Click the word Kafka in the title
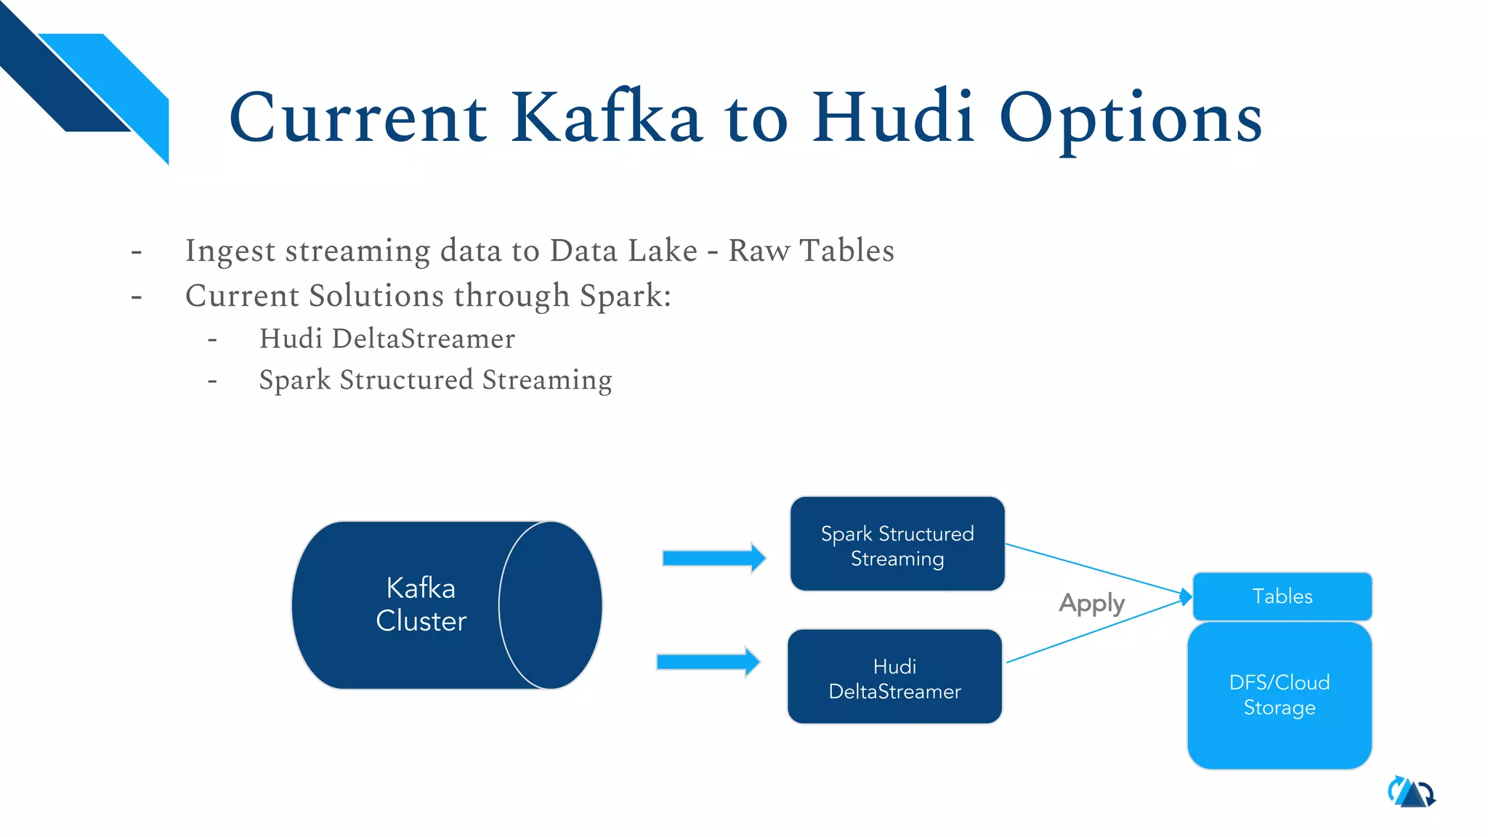click(606, 118)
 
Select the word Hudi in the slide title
click(893, 118)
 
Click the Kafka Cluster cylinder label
click(421, 604)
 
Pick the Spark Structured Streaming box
click(897, 545)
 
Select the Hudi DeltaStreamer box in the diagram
click(894, 677)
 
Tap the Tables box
click(1282, 597)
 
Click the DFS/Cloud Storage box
click(1279, 695)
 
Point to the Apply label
click(1091, 603)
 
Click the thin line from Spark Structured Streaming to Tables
click(1090, 568)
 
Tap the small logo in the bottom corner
click(1411, 793)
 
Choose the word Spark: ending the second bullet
click(625, 296)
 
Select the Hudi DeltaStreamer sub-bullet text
click(387, 339)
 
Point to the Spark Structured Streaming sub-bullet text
click(435, 380)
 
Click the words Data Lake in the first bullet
click(623, 251)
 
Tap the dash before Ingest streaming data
click(137, 253)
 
